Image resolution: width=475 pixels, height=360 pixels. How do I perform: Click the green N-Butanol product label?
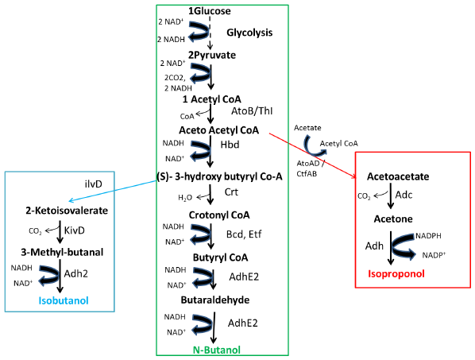coord(217,350)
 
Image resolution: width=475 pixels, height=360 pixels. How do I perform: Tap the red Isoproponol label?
coord(396,274)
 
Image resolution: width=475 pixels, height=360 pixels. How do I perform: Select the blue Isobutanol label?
coord(64,300)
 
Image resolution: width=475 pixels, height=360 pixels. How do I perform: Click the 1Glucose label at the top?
coord(210,11)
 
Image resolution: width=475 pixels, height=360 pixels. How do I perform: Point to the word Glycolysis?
coord(249,33)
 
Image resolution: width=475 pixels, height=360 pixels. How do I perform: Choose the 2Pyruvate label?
coord(212,55)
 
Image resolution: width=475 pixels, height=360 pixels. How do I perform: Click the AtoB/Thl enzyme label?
coord(252,111)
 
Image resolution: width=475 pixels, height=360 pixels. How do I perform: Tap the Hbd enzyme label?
coord(230,145)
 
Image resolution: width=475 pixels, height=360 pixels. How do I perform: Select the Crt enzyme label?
coord(231,192)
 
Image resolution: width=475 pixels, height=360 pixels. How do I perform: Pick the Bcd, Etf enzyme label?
coord(244,234)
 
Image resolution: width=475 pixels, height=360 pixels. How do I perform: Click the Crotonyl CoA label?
coord(219,215)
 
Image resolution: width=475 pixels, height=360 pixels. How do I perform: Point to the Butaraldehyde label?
coord(215,300)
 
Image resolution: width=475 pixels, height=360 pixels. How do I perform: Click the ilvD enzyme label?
coord(93,184)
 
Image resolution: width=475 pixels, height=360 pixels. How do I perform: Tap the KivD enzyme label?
coord(75,230)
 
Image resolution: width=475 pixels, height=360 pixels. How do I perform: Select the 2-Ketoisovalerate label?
coord(67,211)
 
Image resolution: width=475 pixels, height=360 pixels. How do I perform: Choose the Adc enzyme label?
coord(404,195)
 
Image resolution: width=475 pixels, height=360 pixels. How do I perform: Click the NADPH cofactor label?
coord(428,236)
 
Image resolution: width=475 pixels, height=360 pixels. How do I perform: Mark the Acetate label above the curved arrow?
coord(307,128)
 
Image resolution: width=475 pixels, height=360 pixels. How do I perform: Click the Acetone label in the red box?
coord(393,219)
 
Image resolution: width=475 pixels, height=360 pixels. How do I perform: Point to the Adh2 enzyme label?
coord(76,274)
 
